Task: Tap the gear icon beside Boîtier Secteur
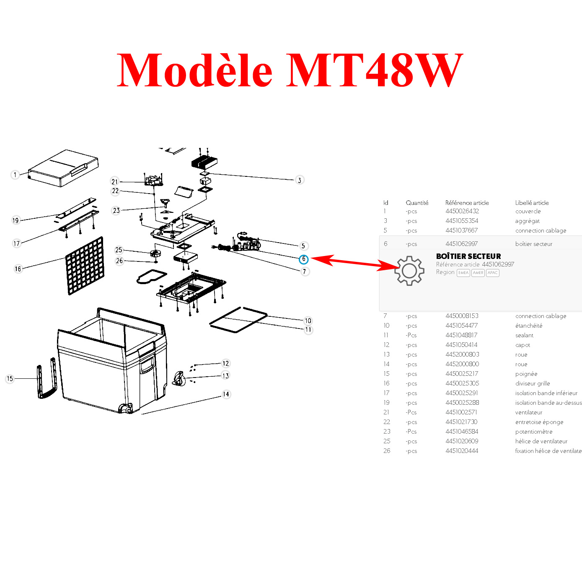[x=409, y=271]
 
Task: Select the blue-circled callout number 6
[x=304, y=259]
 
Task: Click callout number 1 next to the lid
[x=15, y=175]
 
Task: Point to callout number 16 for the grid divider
[x=18, y=269]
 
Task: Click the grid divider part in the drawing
[x=85, y=266]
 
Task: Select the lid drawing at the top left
[x=64, y=168]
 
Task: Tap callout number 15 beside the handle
[x=10, y=379]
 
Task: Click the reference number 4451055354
[x=462, y=221]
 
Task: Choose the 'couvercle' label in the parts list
[x=528, y=212]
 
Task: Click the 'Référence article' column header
[x=467, y=203]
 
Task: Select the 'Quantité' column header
[x=417, y=203]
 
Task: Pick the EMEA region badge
[x=463, y=273]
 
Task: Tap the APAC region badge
[x=493, y=273]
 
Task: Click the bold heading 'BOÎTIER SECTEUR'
[x=468, y=256]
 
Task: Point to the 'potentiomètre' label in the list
[x=534, y=432]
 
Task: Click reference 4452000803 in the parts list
[x=462, y=354]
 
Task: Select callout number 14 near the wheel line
[x=226, y=394]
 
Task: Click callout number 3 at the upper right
[x=299, y=180]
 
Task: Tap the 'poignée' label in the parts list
[x=526, y=374]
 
